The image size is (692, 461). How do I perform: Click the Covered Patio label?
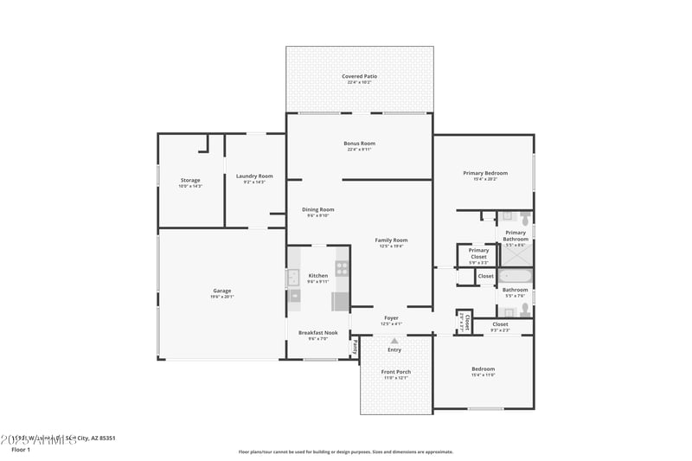pyautogui.click(x=359, y=76)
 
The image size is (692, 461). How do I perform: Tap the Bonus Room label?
pyautogui.click(x=361, y=144)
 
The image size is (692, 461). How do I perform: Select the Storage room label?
pyautogui.click(x=189, y=180)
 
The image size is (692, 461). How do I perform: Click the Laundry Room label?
pyautogui.click(x=254, y=176)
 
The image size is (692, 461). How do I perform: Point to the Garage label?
pyautogui.click(x=221, y=291)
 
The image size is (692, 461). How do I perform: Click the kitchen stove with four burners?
pyautogui.click(x=342, y=268)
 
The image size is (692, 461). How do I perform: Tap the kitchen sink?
pyautogui.click(x=292, y=278)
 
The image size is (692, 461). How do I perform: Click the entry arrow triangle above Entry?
pyautogui.click(x=394, y=341)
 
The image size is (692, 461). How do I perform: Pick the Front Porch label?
pyautogui.click(x=396, y=372)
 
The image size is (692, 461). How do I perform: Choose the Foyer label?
pyautogui.click(x=391, y=317)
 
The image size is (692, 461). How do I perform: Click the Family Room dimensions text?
pyautogui.click(x=391, y=247)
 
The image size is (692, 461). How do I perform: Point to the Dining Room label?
pyautogui.click(x=317, y=209)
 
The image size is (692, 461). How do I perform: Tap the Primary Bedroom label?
pyautogui.click(x=484, y=173)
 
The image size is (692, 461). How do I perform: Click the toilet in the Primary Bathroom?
pyautogui.click(x=525, y=217)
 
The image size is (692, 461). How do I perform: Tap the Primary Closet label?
pyautogui.click(x=478, y=253)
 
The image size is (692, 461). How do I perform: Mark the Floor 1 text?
pyautogui.click(x=21, y=450)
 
